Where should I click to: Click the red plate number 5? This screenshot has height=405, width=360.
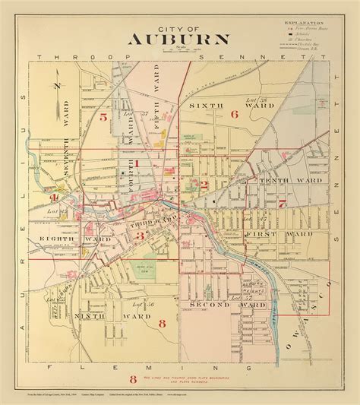(102, 116)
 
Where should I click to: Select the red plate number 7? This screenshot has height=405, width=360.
(280, 203)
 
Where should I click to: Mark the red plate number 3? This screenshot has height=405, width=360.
(140, 236)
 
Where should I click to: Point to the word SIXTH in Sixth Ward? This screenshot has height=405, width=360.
(203, 105)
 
